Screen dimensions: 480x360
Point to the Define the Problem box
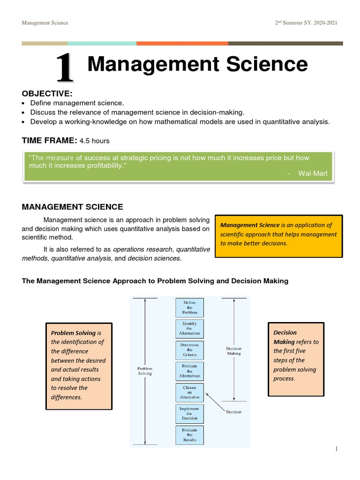click(x=190, y=307)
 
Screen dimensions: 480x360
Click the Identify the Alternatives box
click(x=190, y=329)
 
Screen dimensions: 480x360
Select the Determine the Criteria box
click(x=190, y=350)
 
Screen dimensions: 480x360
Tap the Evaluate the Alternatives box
click(x=190, y=371)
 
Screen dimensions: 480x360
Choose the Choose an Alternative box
click(x=190, y=392)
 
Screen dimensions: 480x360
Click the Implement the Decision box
click(x=190, y=413)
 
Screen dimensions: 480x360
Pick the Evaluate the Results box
click(x=190, y=435)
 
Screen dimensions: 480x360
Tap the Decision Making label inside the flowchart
click(x=233, y=351)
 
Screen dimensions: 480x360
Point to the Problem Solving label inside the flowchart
click(x=145, y=371)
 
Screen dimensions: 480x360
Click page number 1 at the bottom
click(x=336, y=449)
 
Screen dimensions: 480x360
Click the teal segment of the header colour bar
click(x=102, y=44)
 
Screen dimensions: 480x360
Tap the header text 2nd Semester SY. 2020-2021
click(x=306, y=23)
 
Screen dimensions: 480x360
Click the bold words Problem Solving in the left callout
click(x=73, y=333)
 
